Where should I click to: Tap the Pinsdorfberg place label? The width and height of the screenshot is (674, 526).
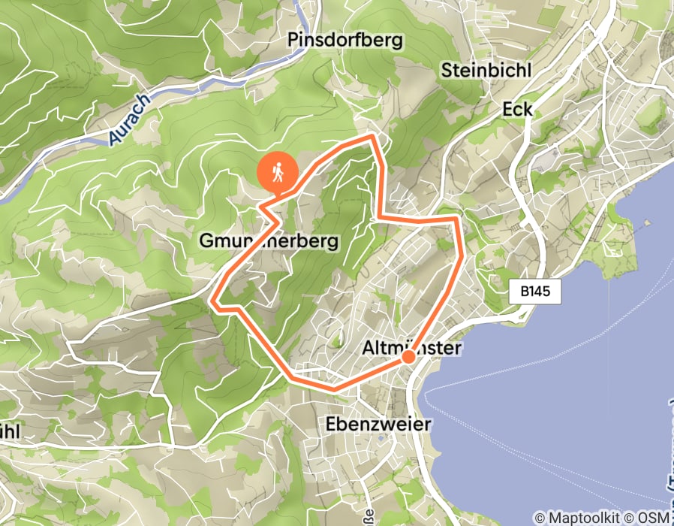tap(345, 40)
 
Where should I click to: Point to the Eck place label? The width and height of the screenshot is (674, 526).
tap(517, 110)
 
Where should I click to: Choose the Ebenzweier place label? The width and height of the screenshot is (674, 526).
tap(379, 424)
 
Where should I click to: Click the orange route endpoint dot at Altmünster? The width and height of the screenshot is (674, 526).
tap(408, 357)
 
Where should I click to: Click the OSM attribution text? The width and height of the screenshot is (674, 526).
tap(649, 518)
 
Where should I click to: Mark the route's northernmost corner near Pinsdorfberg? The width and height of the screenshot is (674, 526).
tap(372, 136)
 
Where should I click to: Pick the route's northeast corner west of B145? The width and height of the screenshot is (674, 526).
tap(456, 219)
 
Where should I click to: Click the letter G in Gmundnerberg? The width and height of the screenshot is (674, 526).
tap(206, 241)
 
